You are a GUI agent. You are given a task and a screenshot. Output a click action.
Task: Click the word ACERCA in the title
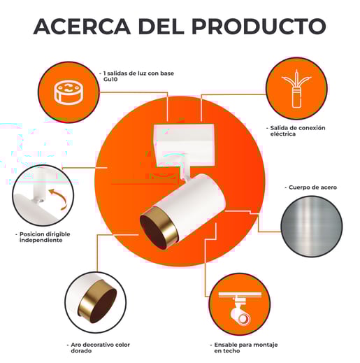click(82, 26)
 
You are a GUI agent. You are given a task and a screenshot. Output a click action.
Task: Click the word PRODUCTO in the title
click(259, 26)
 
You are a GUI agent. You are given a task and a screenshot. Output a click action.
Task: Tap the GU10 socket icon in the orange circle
click(69, 92)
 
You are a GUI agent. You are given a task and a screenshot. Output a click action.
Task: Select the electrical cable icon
click(296, 89)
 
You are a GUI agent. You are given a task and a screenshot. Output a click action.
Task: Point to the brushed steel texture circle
click(312, 227)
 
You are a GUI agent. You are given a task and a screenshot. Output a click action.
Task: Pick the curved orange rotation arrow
click(58, 199)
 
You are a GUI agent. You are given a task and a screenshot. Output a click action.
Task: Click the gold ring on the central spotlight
click(159, 228)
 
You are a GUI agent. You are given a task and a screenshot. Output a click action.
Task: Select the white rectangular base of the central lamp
click(184, 145)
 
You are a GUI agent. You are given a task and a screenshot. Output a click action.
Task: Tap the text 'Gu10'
click(110, 80)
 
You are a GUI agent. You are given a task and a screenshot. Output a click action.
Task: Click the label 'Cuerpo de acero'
click(312, 187)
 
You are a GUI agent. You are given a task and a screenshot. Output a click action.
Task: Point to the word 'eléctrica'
click(283, 134)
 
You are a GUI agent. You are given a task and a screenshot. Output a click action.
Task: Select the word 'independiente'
click(41, 241)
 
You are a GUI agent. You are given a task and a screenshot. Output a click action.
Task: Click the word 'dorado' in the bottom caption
click(81, 350)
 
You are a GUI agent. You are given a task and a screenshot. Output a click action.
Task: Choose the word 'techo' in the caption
click(231, 350)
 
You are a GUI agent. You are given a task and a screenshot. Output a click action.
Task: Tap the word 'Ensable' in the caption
click(224, 345)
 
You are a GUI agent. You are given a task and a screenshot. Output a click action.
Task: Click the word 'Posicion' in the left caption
click(31, 234)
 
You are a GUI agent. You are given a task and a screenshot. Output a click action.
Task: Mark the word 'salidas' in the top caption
click(117, 73)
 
